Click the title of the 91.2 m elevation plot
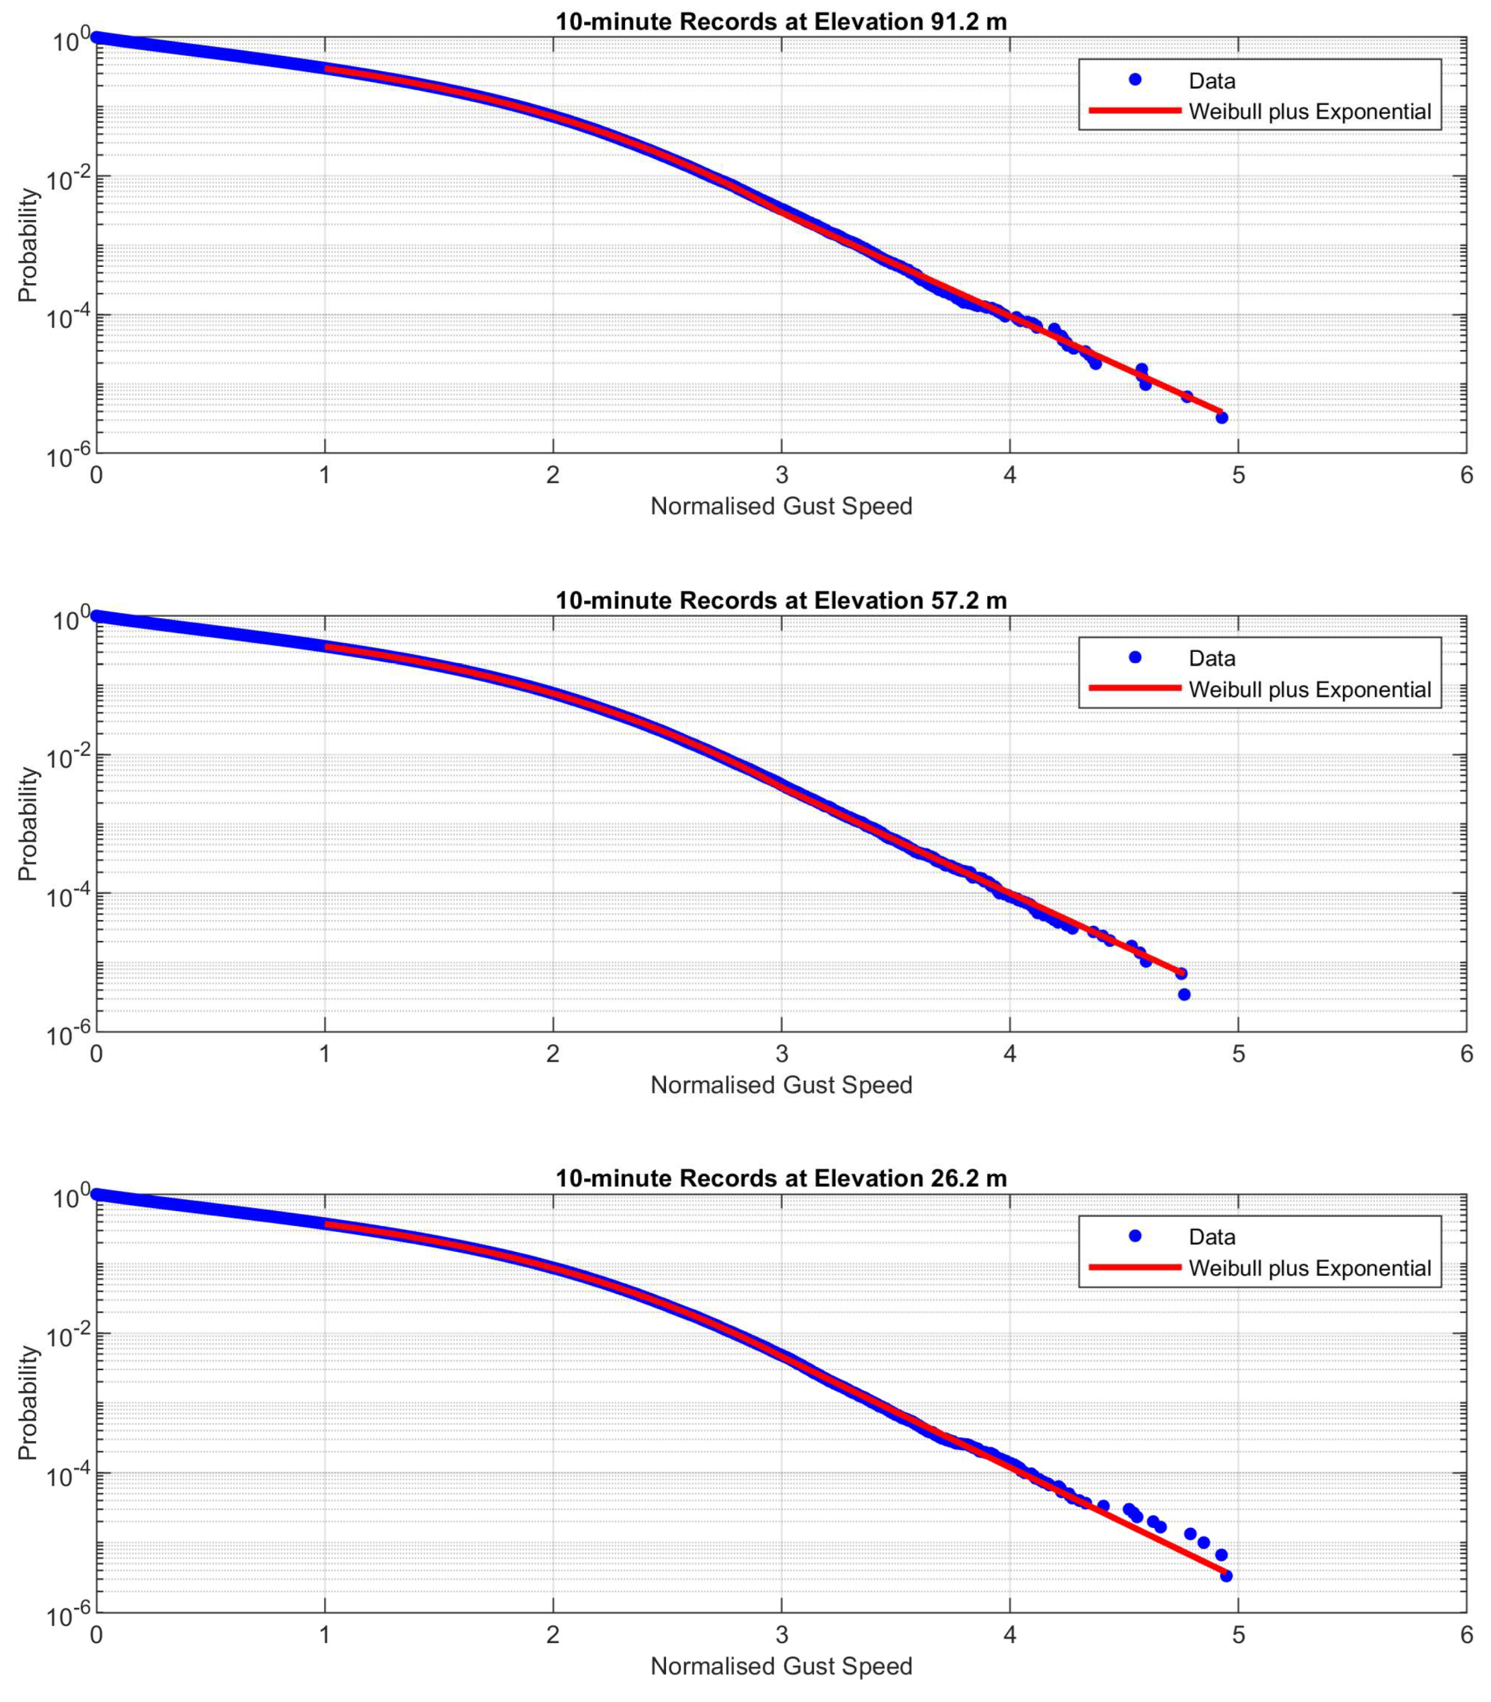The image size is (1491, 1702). coord(780,21)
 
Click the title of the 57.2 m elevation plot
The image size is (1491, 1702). coord(780,600)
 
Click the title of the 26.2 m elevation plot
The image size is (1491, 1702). coord(780,1179)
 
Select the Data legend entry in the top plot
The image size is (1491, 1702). coord(1211,81)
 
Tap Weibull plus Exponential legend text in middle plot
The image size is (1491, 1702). coord(1310,690)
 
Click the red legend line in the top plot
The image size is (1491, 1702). coord(1135,110)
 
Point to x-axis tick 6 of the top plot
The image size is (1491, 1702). coord(1466,475)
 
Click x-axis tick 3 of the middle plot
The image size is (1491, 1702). coord(782,1054)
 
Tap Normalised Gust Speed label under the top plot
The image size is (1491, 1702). coord(780,506)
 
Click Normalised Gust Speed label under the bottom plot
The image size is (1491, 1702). coord(780,1666)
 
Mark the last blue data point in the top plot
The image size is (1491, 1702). coord(1222,418)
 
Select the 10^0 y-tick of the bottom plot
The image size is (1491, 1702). coord(70,1199)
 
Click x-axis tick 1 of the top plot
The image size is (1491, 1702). coord(325,475)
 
